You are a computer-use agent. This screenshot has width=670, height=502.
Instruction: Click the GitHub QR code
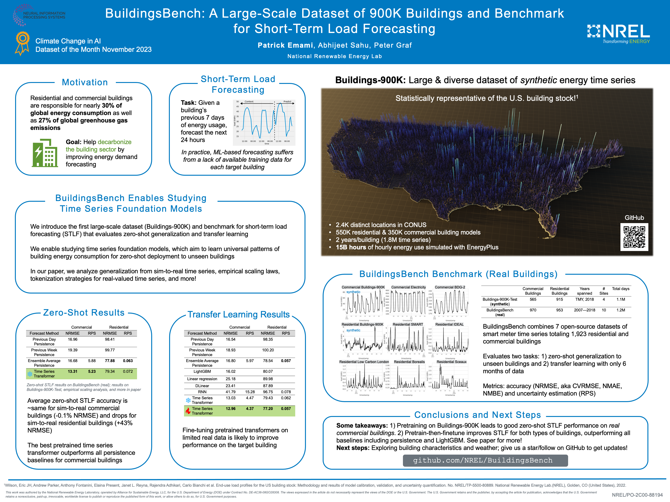(634, 237)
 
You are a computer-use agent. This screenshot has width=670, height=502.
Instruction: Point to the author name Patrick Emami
(285, 45)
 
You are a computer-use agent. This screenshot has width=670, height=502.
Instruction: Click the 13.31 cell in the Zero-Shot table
(72, 371)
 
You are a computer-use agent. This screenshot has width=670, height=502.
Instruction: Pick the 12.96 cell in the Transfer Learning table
(231, 409)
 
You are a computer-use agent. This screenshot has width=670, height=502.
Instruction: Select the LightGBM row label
(202, 371)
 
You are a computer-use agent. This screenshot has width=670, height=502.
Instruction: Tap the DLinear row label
(202, 386)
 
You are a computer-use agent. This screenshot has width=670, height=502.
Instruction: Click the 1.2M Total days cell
(621, 310)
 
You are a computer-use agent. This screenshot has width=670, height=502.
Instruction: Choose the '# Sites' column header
(603, 291)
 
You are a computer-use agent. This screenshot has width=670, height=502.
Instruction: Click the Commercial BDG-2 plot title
(450, 287)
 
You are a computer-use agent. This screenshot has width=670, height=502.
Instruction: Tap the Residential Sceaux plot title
(451, 362)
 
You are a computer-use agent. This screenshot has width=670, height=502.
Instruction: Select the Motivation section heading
(85, 82)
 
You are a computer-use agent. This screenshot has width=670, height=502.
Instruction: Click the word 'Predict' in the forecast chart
(287, 102)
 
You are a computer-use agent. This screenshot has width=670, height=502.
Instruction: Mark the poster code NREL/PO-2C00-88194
(637, 495)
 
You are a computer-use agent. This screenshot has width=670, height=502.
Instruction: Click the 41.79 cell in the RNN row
(231, 392)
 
